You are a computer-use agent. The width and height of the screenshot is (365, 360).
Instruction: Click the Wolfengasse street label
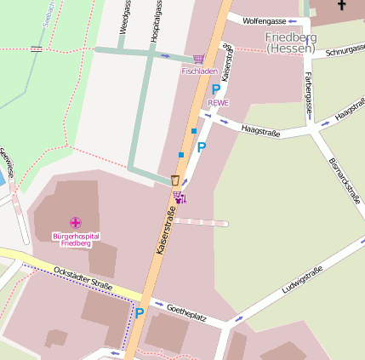pyautogui.click(x=263, y=19)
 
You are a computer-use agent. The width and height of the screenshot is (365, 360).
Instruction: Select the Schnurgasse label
pyautogui.click(x=345, y=52)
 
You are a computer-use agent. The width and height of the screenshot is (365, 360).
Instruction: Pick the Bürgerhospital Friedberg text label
pyautogui.click(x=75, y=238)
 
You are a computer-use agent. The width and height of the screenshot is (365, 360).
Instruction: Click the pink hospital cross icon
pyautogui.click(x=75, y=222)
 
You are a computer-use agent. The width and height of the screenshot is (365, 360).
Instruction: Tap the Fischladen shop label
pyautogui.click(x=199, y=71)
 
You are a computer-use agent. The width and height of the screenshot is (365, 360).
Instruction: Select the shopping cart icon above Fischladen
pyautogui.click(x=199, y=59)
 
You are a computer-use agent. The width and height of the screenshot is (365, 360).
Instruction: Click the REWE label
pyautogui.click(x=219, y=102)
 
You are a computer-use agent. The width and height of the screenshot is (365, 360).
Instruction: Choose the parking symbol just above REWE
pyautogui.click(x=216, y=89)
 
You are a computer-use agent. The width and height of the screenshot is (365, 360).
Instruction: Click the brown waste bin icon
pyautogui.click(x=175, y=180)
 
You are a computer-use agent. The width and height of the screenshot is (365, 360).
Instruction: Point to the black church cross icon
pyautogui.click(x=341, y=5)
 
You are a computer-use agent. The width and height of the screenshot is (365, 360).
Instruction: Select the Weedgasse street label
pyautogui.click(x=123, y=17)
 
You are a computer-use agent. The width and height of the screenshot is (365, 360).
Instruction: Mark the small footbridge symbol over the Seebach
pyautogui.click(x=36, y=49)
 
